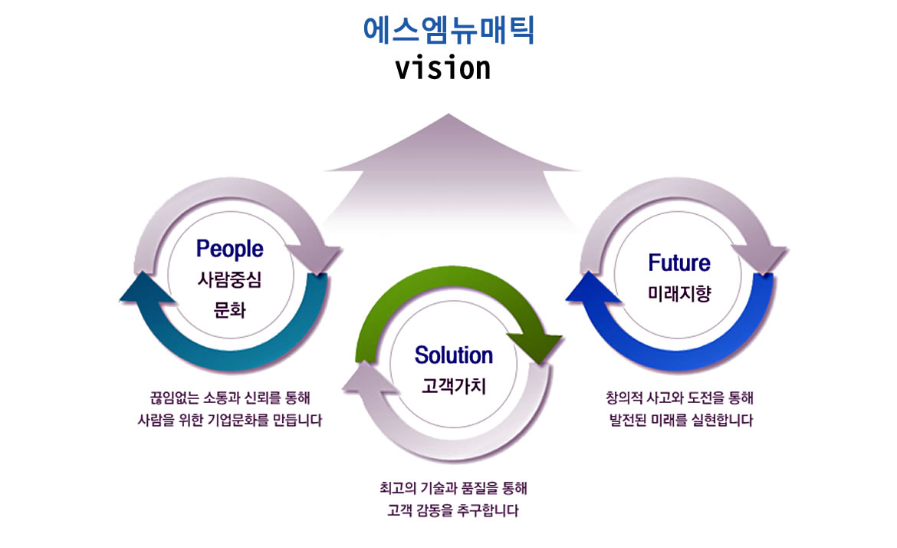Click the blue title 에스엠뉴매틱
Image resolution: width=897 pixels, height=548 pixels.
449,31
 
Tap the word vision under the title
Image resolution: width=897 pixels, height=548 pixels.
443,68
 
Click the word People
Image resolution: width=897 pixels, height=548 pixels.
229,249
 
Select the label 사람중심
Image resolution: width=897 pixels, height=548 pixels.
229,279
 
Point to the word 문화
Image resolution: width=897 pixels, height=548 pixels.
229,310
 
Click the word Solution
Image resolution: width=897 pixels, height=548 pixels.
454,355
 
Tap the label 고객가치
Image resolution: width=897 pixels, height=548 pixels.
454,386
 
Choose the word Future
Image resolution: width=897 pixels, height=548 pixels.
679,262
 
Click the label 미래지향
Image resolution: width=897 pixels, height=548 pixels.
679,294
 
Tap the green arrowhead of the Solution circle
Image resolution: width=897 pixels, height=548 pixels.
535,347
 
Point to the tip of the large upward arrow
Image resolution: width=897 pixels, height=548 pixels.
449,114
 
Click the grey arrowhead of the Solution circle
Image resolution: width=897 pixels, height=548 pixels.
371,378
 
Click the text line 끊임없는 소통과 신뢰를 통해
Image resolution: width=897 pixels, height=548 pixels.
229,398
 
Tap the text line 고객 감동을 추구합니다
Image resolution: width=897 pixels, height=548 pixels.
452,510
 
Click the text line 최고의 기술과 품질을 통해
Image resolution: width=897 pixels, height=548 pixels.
453,488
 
